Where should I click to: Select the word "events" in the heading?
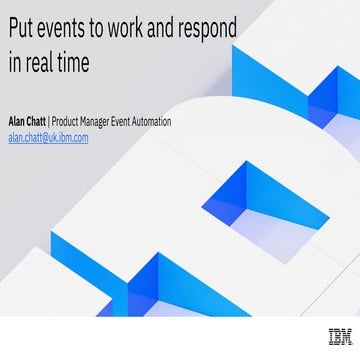tap(71, 30)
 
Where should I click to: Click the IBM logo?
tap(339, 337)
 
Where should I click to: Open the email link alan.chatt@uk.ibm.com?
tap(48, 138)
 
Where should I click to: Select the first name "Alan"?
tap(18, 122)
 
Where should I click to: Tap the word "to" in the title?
tap(111, 30)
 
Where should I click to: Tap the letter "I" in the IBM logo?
tap(331, 337)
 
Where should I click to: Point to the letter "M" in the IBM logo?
tap(345, 337)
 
